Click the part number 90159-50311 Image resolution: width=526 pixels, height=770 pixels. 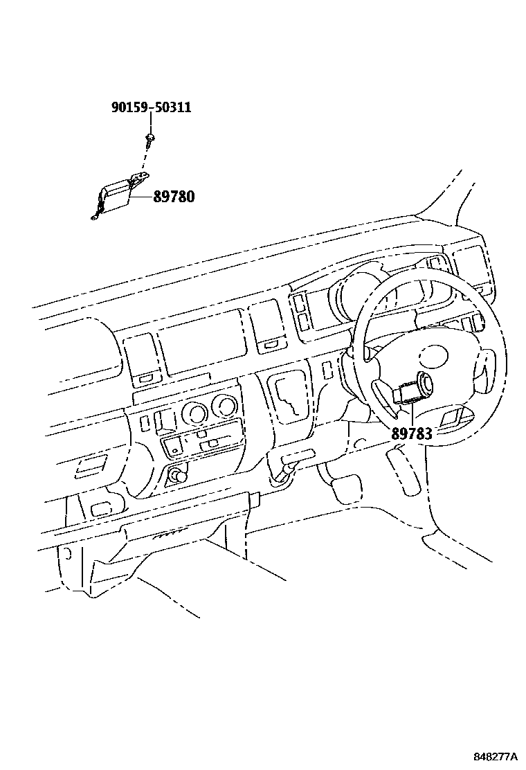pyautogui.click(x=151, y=107)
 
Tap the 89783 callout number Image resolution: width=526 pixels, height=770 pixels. pyautogui.click(x=411, y=434)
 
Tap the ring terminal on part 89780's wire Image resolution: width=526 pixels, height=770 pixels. pyautogui.click(x=93, y=221)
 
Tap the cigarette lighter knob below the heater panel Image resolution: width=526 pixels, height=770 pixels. pyautogui.click(x=179, y=477)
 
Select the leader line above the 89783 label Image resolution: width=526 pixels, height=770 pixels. pyautogui.click(x=411, y=413)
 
